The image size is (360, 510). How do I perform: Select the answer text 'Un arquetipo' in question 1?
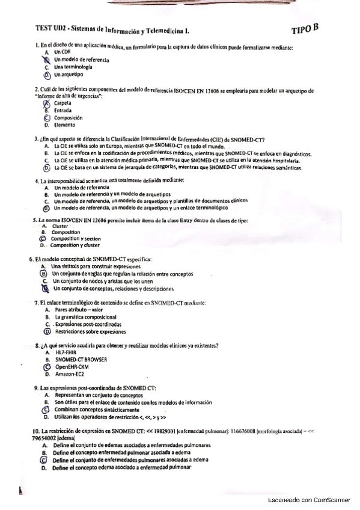[69, 75]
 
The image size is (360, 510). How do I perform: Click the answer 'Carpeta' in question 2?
[63, 103]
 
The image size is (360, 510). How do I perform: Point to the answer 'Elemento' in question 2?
[65, 125]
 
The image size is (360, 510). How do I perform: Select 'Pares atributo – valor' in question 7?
[79, 310]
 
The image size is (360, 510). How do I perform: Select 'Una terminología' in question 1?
[73, 67]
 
